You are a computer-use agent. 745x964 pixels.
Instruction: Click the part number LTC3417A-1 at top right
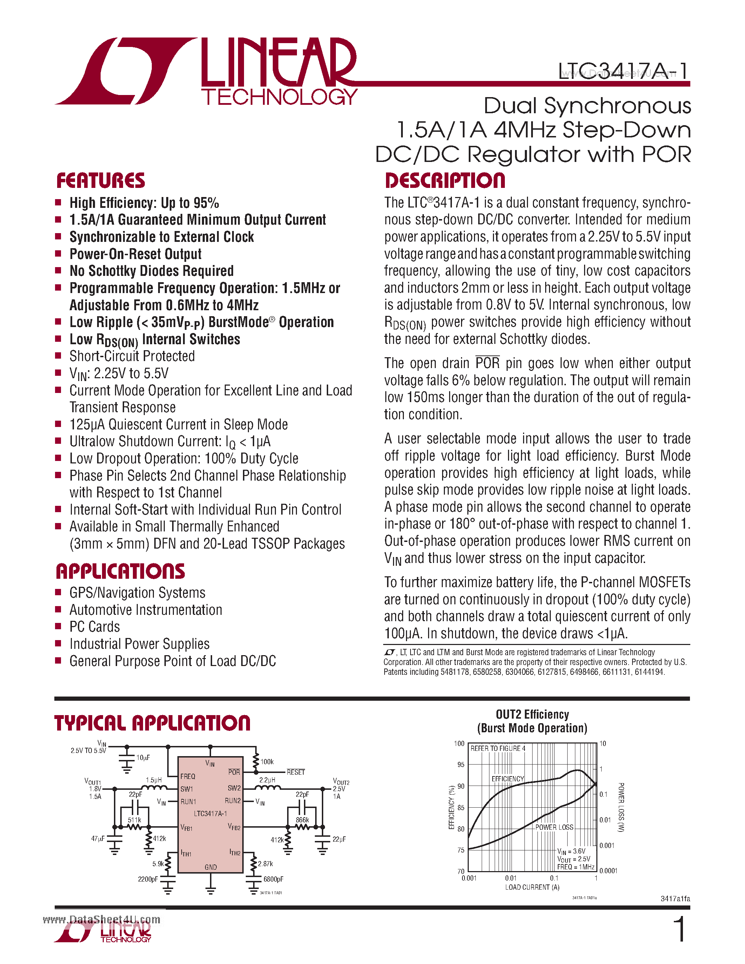tap(623, 71)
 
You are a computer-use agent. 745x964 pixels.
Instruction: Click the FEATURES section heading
tap(101, 181)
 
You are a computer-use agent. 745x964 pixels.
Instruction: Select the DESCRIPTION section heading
tap(445, 181)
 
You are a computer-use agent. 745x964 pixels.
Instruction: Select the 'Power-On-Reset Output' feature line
tap(135, 254)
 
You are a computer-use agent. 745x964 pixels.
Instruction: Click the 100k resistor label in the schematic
tap(267, 762)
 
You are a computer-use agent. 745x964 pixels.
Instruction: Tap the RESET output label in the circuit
tap(296, 772)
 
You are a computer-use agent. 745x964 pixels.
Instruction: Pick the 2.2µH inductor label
tap(267, 780)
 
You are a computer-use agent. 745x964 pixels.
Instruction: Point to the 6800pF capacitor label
tap(273, 879)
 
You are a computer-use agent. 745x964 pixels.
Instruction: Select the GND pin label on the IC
tap(210, 867)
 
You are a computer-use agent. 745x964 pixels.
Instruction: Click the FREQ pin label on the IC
tap(188, 776)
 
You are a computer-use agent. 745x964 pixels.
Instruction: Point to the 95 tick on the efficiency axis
tap(461, 765)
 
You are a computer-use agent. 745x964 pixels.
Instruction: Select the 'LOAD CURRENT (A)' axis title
tap(532, 887)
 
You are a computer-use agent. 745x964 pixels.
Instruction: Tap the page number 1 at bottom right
tap(680, 929)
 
